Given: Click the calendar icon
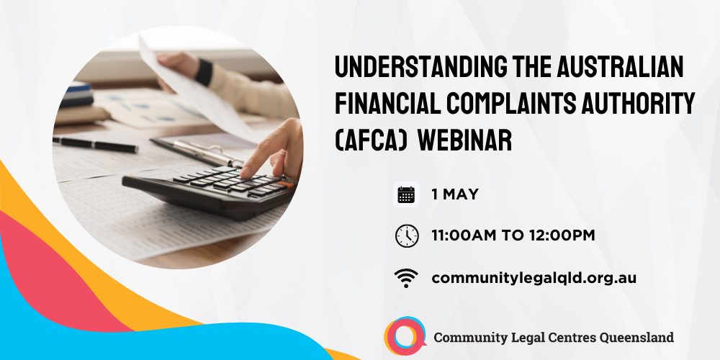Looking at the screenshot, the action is [x=406, y=194].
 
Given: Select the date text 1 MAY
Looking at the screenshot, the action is [x=455, y=194].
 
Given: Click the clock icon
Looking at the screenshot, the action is [x=407, y=236].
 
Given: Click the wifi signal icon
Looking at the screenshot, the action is [x=406, y=278].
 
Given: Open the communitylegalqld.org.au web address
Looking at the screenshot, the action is [x=534, y=278].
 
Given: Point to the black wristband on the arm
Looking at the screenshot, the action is [x=204, y=71].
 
